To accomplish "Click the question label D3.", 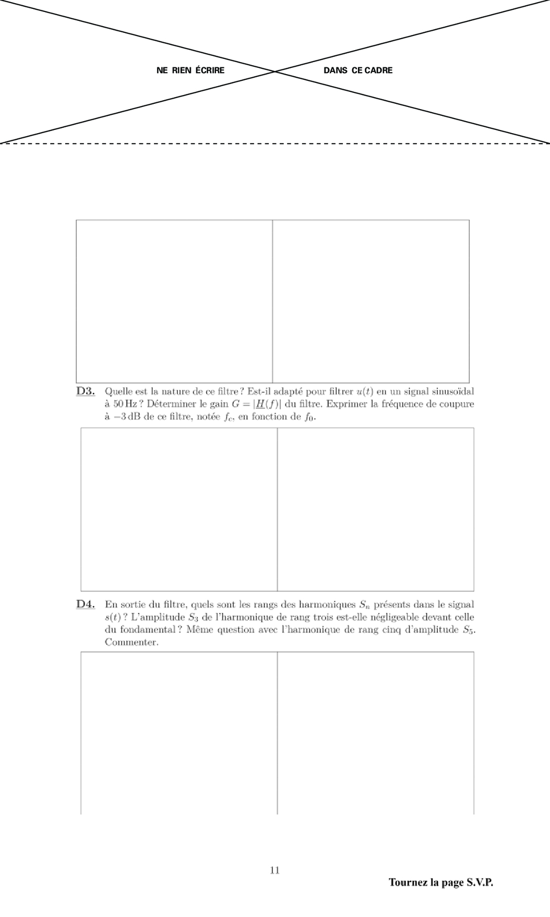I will tap(86, 391).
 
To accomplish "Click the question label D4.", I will tap(86, 604).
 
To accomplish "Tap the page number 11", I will tap(274, 870).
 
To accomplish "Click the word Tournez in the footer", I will tap(408, 883).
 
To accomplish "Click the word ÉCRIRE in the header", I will tap(210, 70).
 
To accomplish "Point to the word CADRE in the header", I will tap(378, 70).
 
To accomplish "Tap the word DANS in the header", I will tap(335, 70).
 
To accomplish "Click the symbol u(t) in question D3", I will tap(364, 391).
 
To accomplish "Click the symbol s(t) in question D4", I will tap(113, 617).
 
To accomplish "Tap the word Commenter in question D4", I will tap(131, 642).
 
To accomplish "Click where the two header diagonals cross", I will tap(275, 72).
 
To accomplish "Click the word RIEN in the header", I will tap(182, 70).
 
